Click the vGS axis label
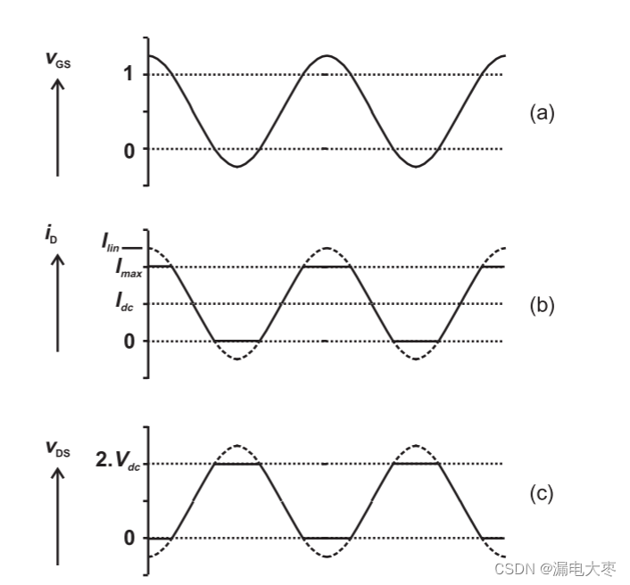[57, 59]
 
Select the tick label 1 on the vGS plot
[129, 74]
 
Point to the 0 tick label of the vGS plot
[129, 149]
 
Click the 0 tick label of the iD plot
[129, 341]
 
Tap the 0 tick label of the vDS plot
[129, 538]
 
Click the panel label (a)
[542, 112]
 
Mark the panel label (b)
[542, 305]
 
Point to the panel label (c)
[542, 493]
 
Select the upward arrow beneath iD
[58, 303]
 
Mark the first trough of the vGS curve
[236, 166]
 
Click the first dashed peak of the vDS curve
[237, 445]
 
